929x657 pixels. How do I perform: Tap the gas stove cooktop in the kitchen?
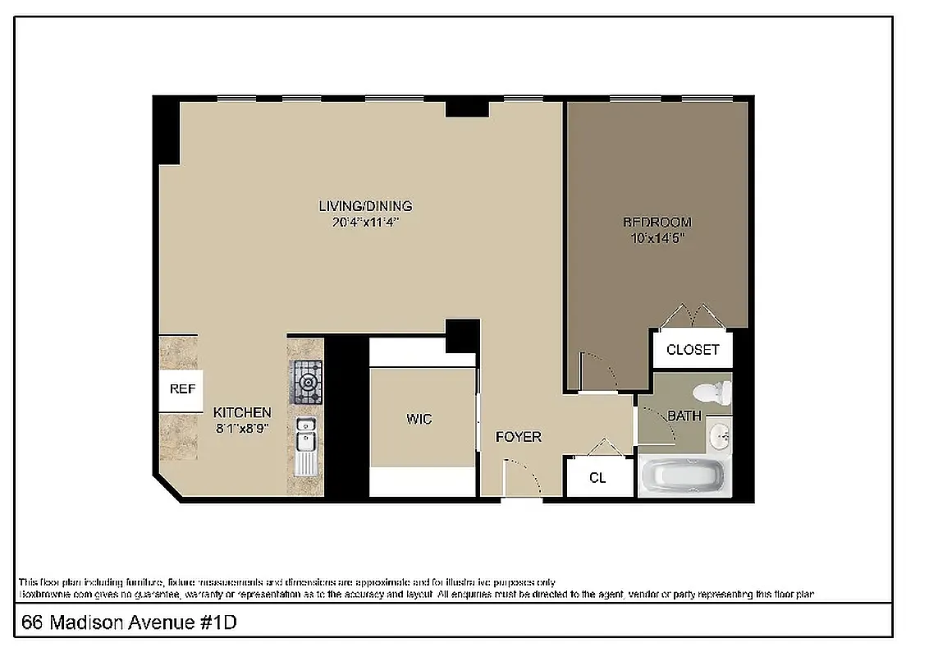[306, 381]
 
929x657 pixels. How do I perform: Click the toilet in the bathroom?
[712, 392]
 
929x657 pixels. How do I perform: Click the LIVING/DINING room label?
[365, 206]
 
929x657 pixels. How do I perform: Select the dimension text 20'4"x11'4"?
[365, 222]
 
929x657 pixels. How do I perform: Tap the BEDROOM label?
[657, 222]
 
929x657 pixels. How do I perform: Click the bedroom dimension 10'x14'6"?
[657, 238]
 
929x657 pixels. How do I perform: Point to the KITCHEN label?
[242, 412]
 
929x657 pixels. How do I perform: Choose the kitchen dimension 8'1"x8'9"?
[242, 428]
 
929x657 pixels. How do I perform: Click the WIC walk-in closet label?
[419, 420]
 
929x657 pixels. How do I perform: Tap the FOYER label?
[519, 437]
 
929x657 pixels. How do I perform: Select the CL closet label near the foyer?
[598, 477]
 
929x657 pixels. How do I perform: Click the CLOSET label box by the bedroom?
[693, 350]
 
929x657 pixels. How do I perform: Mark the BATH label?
[684, 416]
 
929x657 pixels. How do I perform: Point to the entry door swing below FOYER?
[521, 479]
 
